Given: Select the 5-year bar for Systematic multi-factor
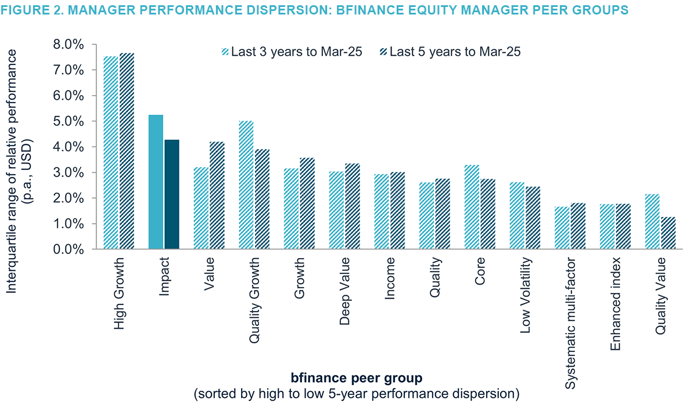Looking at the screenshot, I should click(578, 226).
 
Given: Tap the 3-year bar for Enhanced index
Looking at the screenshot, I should click(608, 227).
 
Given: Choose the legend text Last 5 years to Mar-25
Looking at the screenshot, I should click(455, 52).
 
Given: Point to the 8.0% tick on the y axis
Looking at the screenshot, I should click(69, 45).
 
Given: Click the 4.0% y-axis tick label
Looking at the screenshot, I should click(69, 147).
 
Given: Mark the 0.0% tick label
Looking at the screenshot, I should click(69, 249).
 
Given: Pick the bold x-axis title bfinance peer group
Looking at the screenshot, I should click(355, 378).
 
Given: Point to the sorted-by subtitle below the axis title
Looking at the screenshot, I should click(355, 394).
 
